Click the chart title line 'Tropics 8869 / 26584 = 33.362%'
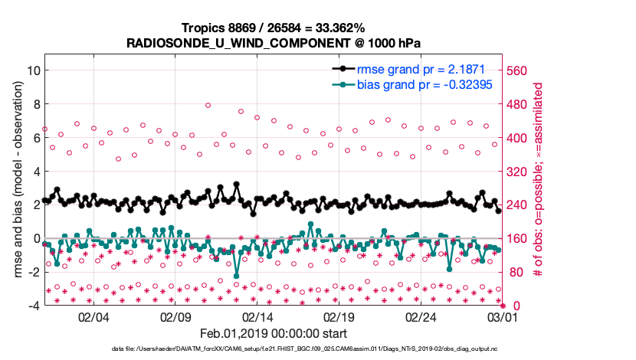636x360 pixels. pyautogui.click(x=272, y=28)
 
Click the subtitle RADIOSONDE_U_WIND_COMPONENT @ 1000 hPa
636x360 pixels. pyautogui.click(x=272, y=43)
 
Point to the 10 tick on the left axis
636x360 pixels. pyautogui.click(x=32, y=70)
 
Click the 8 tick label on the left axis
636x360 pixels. pyautogui.click(x=35, y=103)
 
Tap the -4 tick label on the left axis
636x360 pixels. pyautogui.click(x=33, y=306)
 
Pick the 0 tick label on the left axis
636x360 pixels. pyautogui.click(x=35, y=238)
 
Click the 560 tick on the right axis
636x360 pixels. pyautogui.click(x=517, y=70)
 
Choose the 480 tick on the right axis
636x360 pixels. pyautogui.click(x=517, y=104)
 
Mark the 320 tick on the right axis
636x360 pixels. pyautogui.click(x=517, y=172)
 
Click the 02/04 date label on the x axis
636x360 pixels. pyautogui.click(x=93, y=316)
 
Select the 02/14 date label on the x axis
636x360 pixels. pyautogui.click(x=257, y=316)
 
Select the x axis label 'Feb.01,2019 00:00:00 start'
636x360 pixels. pyautogui.click(x=272, y=333)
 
